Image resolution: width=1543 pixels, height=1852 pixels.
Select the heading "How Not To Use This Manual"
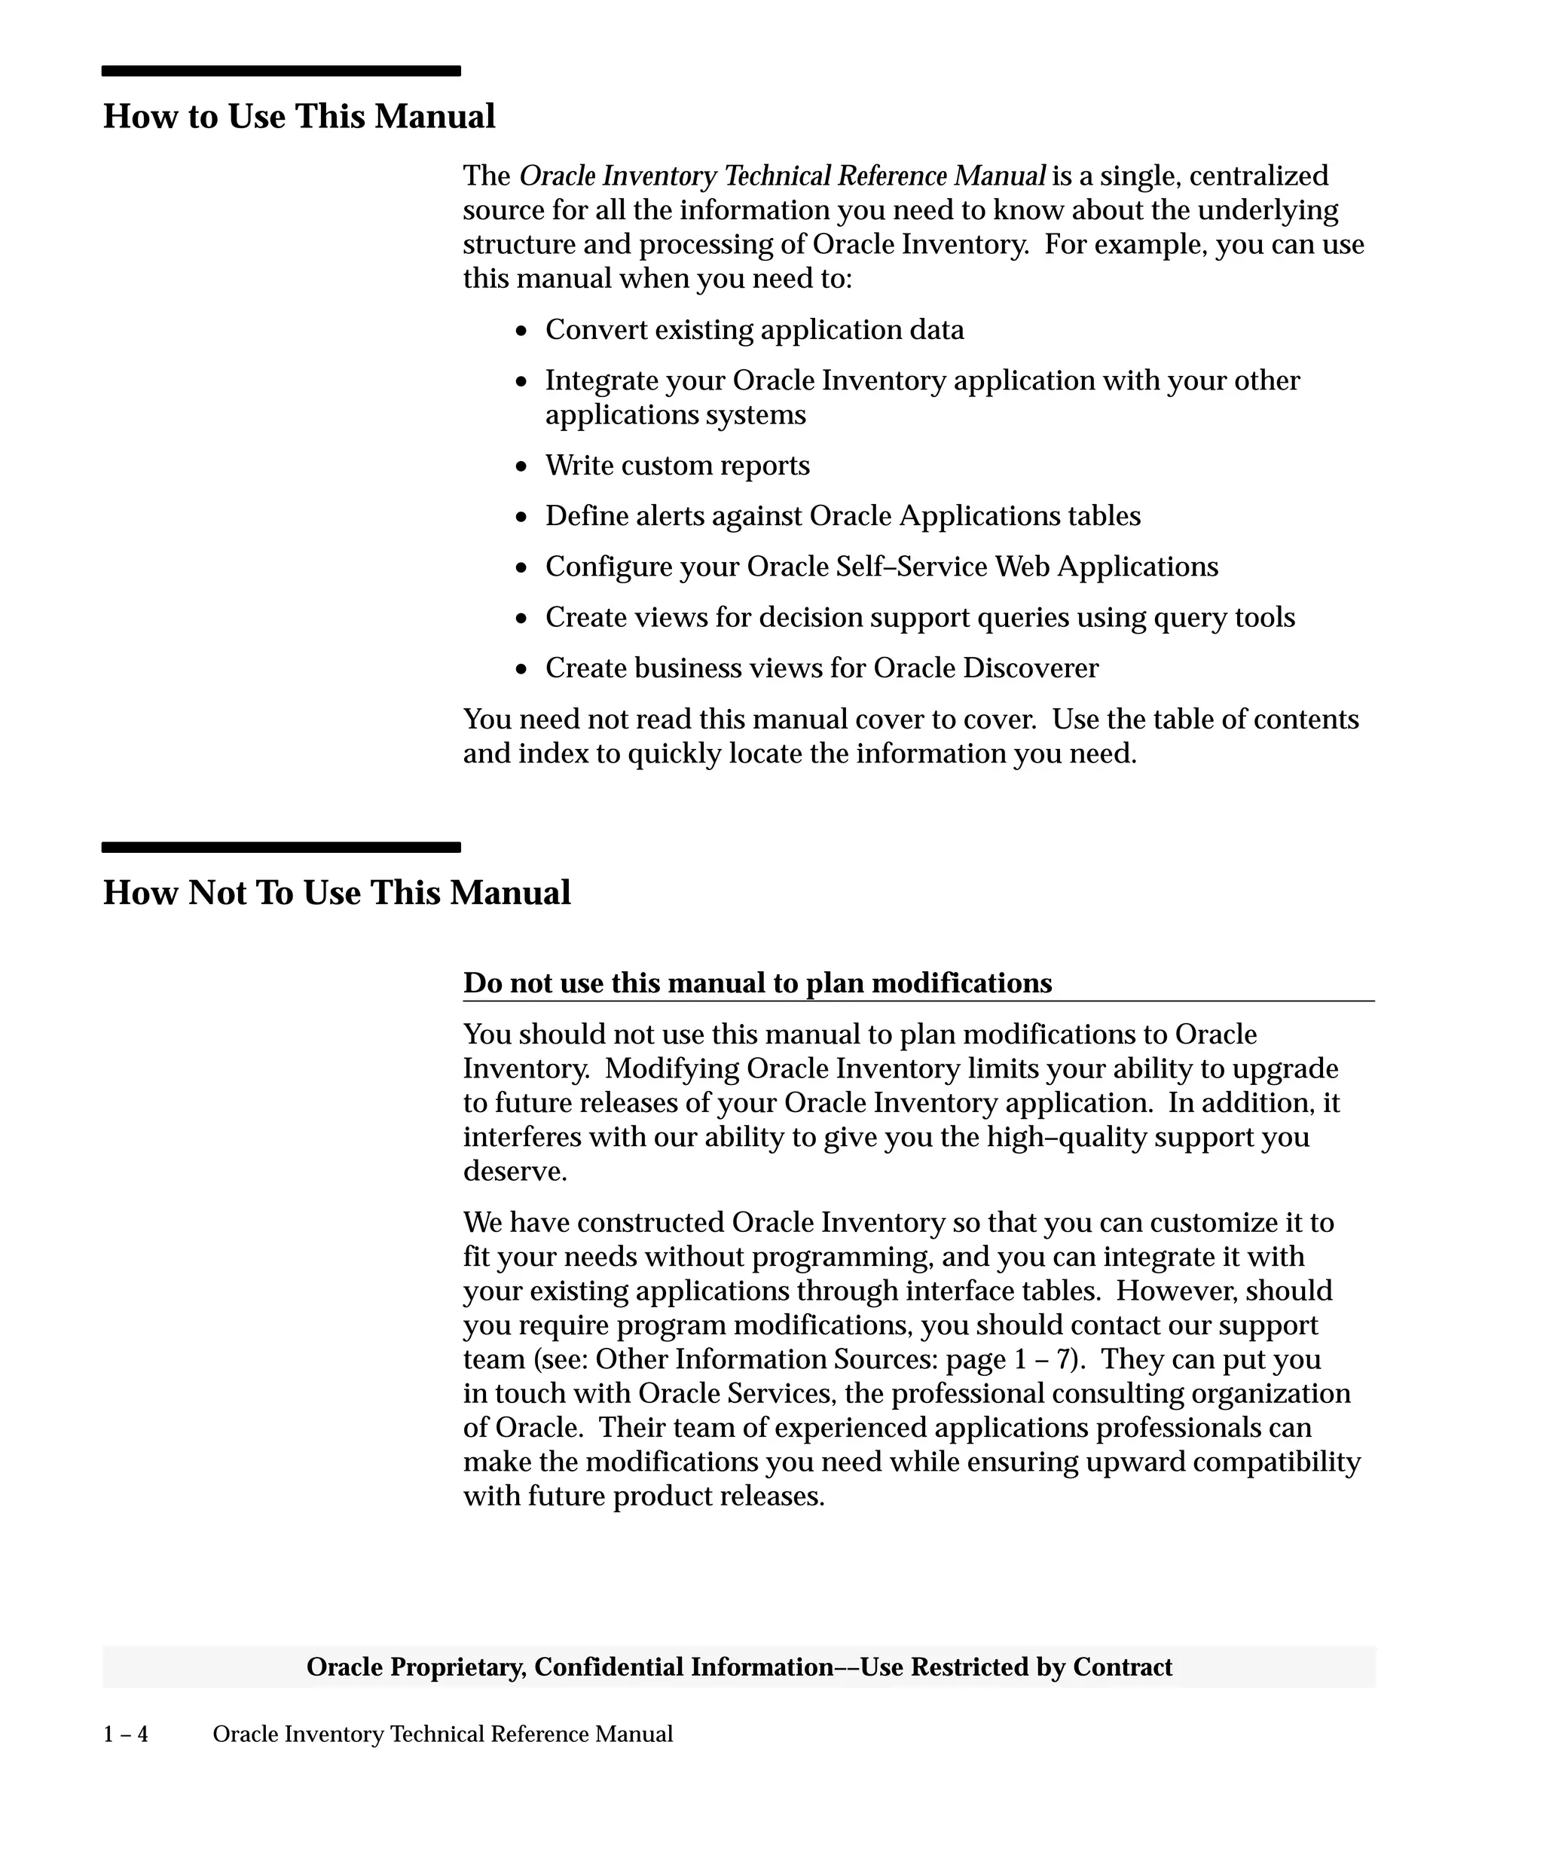337,893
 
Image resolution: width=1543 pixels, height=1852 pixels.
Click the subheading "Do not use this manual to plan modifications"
757,983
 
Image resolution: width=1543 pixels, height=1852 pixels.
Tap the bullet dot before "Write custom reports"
522,467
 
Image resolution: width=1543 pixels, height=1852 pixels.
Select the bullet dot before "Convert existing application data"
522,332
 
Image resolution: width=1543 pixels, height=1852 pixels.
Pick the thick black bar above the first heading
280,72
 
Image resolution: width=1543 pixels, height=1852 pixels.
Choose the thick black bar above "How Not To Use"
280,848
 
